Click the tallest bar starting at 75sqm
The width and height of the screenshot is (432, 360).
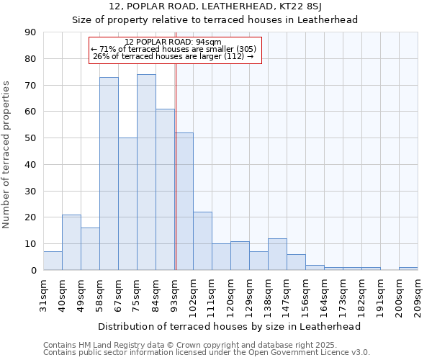click(146, 172)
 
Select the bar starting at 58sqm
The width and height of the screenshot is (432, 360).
click(109, 174)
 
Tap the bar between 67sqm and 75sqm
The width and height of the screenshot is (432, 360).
click(127, 204)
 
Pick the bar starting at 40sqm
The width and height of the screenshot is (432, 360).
click(71, 242)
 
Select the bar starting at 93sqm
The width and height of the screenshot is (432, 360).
click(184, 201)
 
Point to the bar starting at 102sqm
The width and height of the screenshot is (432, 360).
click(202, 240)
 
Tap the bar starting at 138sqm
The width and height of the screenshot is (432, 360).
click(277, 254)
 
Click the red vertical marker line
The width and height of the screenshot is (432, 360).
click(176, 180)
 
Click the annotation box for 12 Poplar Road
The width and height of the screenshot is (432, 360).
click(174, 50)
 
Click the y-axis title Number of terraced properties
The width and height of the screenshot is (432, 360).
click(6, 155)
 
